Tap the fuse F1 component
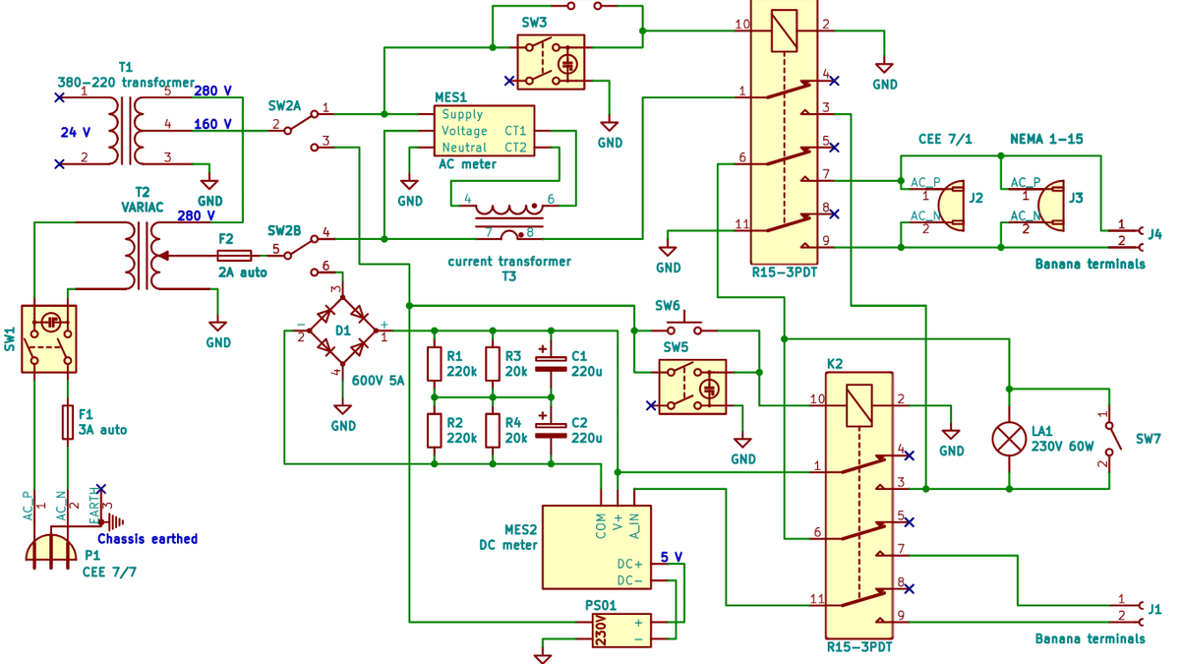[68, 421]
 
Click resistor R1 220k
[434, 364]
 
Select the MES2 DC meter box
[597, 547]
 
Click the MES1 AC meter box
[484, 131]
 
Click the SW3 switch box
[551, 62]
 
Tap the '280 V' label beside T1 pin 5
[212, 91]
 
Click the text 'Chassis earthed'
[147, 539]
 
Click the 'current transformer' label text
[508, 262]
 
